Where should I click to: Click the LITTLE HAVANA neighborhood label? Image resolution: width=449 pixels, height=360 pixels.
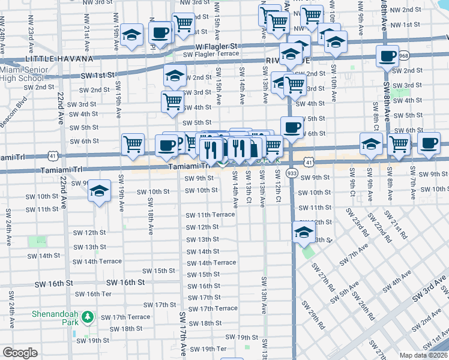tap(59, 59)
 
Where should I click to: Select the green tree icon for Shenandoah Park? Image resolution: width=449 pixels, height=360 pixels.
tap(88, 316)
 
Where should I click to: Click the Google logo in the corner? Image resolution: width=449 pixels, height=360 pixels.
tap(20, 353)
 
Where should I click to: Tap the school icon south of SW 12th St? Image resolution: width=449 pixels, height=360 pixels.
tap(304, 233)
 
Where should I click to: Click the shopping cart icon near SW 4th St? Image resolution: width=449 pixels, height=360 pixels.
tap(173, 102)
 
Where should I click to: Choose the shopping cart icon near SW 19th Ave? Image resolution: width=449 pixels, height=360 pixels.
tap(133, 144)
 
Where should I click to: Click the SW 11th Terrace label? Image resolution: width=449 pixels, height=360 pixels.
tap(209, 215)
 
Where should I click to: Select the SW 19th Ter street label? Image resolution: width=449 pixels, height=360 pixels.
tap(208, 349)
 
